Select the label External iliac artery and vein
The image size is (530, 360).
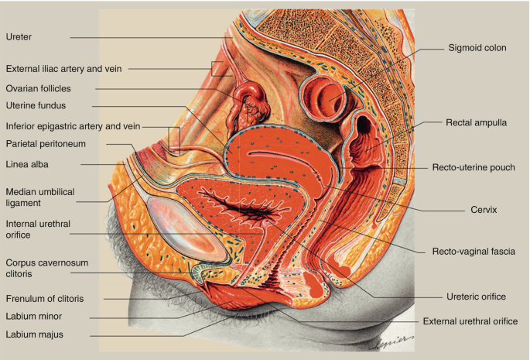[63, 69]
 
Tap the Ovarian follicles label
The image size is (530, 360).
[38, 88]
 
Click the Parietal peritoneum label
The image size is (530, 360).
[45, 143]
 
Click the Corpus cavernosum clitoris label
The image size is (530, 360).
[46, 269]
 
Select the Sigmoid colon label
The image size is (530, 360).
[477, 47]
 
